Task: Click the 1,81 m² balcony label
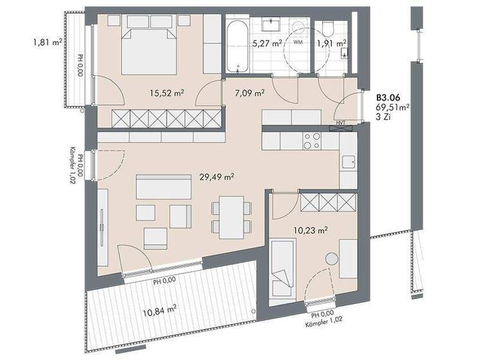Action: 48,44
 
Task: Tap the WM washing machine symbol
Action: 298,42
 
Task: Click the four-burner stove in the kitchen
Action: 312,140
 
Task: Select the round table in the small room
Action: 332,258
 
